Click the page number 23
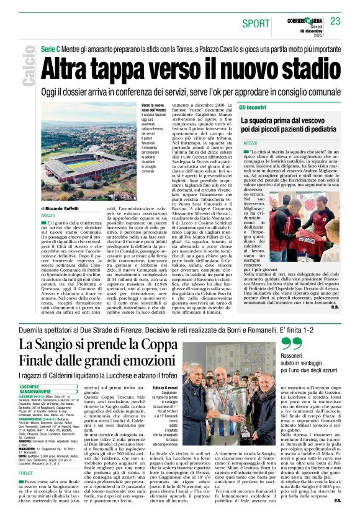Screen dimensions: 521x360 336,22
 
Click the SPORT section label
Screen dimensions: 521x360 256,23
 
